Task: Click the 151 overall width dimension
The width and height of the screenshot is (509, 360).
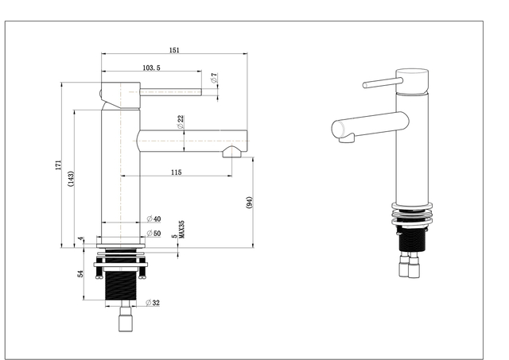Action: coord(174,50)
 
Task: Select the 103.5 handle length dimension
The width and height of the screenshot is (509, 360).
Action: coord(152,68)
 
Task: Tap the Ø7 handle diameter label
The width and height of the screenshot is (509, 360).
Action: coord(214,78)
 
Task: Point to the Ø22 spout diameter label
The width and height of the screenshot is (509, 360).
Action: coord(181,122)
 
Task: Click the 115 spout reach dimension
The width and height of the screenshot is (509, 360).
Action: coord(177,172)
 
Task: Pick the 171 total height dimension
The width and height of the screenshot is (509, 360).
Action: coord(58,165)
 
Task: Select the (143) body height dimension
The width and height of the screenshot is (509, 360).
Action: coord(71,179)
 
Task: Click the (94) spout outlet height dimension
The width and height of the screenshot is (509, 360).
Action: coord(249,203)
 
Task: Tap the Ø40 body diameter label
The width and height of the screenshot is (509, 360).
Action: coord(153,219)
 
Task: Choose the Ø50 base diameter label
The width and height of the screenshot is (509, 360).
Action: coord(153,233)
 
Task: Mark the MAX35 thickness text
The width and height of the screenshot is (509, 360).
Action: coord(182,230)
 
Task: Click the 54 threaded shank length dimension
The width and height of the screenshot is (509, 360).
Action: coord(80,273)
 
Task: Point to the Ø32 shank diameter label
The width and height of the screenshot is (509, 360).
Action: coord(153,303)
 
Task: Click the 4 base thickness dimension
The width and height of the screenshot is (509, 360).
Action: coord(80,239)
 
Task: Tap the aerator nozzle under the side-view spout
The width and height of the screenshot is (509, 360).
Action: coord(231,152)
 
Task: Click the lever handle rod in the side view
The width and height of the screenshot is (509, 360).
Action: coord(170,92)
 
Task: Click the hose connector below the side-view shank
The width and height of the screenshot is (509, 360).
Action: coord(126,319)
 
